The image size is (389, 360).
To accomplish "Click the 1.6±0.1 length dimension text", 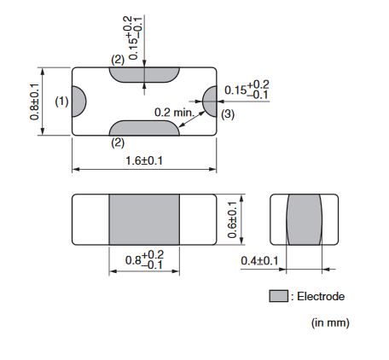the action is pos(144,161).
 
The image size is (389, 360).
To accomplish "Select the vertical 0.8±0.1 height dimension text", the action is pos(34,102).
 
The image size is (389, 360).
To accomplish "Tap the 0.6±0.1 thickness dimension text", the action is pos(232,219).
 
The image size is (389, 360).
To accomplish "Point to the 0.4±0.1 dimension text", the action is pos(259,261).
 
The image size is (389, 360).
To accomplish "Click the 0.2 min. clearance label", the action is pos(174,113).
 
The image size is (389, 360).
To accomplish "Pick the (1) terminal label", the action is pos(61,102).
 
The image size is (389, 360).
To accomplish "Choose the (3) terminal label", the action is pos(228,114).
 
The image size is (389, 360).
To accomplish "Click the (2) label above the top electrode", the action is pos(118,60).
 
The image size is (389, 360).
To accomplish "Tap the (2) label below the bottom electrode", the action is pos(118,142).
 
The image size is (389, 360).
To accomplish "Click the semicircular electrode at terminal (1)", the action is pos(78,102).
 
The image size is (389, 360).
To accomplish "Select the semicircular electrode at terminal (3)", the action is pos(210,102).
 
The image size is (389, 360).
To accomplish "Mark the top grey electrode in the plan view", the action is pos(144,75).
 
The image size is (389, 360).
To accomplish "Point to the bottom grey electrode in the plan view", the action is pos(144,128).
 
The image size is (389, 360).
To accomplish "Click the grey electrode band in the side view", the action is pos(144,219).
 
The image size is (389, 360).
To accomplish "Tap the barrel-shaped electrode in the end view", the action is pos(304,219).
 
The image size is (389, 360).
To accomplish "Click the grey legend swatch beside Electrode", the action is pos(278,296).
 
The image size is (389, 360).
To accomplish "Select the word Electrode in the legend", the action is pos(321,297).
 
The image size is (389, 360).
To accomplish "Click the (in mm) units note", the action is pos(330,323).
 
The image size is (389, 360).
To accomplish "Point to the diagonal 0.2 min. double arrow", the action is pos(192,119).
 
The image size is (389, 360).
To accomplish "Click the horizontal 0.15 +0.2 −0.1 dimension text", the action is pos(247,90).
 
